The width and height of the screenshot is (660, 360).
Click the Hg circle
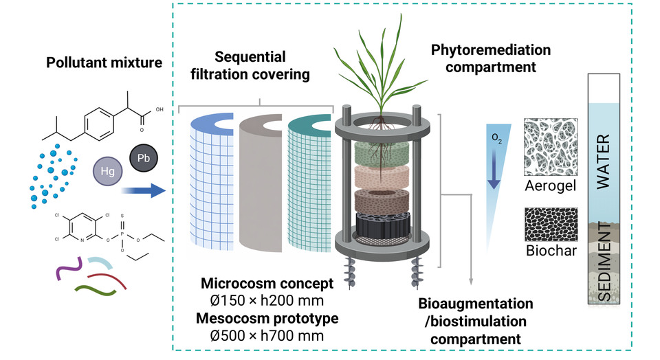pos(108,171)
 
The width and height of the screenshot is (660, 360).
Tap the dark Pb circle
pos(144,158)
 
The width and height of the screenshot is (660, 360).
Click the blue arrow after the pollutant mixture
pos(144,190)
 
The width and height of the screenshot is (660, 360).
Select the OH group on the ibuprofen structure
pos(159,109)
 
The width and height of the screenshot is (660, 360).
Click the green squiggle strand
pos(95,290)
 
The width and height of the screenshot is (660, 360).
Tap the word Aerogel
pos(551,186)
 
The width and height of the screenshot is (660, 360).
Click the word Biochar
pos(551,251)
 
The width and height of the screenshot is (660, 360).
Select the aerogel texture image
pos(551,147)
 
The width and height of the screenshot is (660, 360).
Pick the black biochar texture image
pos(551,225)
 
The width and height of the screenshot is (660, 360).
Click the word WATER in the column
pos(604,161)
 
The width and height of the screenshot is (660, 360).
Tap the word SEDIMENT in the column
pos(604,262)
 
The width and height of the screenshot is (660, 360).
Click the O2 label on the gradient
pos(496,138)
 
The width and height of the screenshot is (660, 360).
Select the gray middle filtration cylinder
pos(261,183)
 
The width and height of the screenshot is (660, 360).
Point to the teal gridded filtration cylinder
pos(309,183)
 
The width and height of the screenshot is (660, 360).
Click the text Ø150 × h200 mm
pos(267,301)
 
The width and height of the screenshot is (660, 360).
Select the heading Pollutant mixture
pos(104,63)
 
